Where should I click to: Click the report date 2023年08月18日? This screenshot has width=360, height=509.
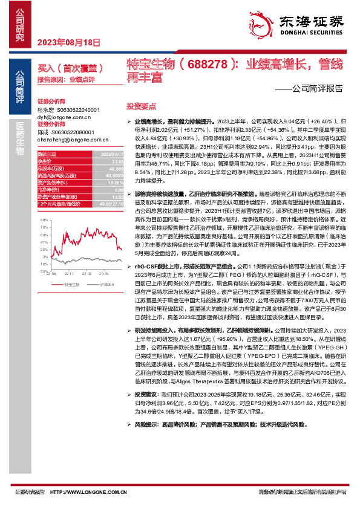(x=70, y=42)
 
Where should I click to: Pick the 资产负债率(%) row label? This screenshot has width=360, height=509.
(x=52, y=181)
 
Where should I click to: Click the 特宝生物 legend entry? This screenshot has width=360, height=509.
(x=70, y=266)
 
